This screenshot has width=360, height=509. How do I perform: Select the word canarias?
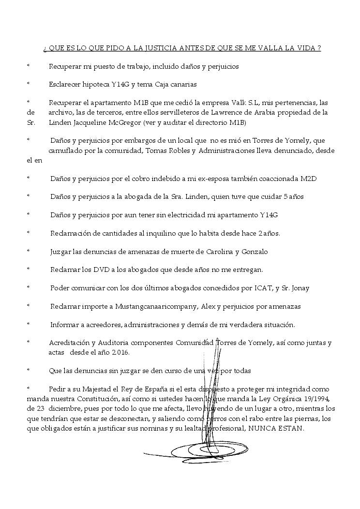pyautogui.click(x=180, y=84)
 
